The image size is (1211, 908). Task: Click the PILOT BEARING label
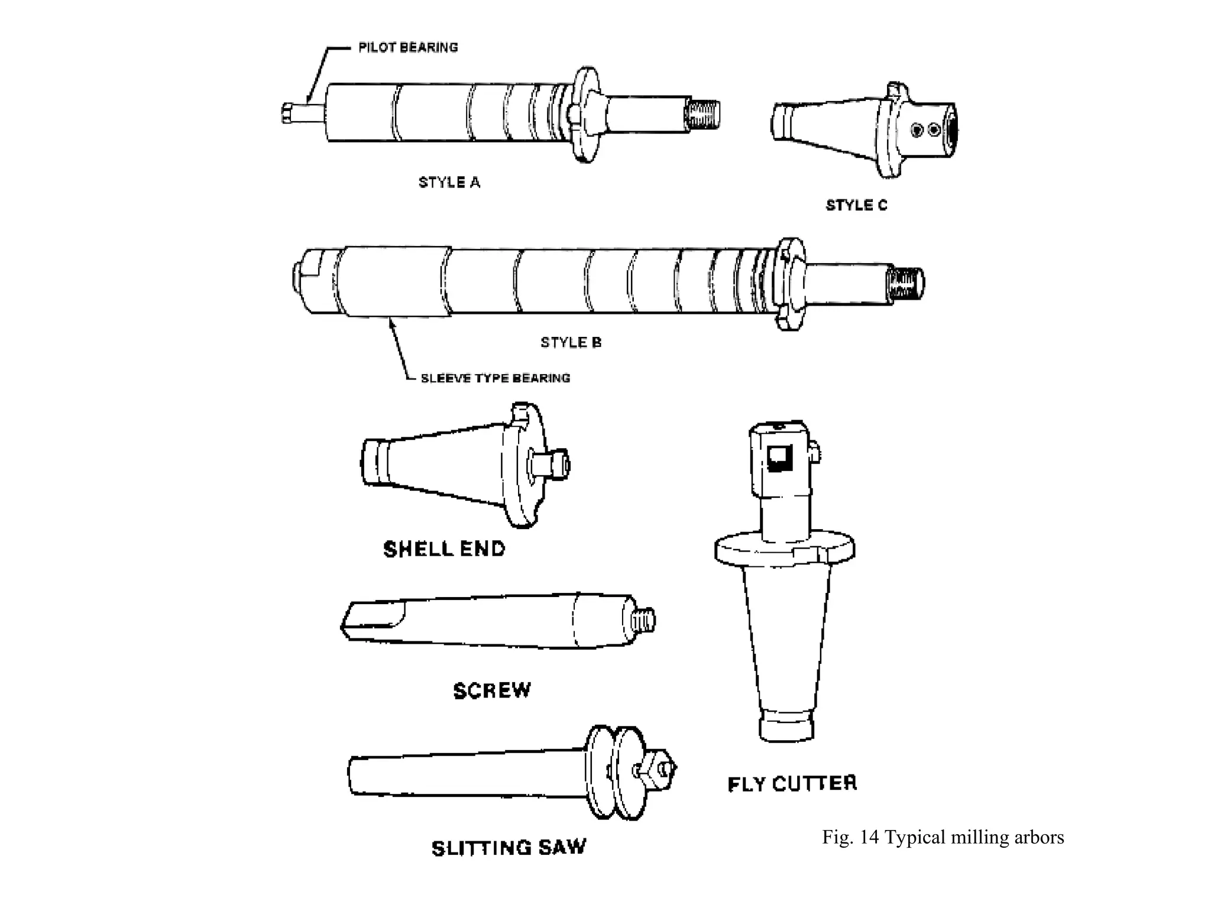coord(408,47)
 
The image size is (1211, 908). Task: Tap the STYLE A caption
coord(449,182)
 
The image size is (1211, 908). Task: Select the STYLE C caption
coord(856,205)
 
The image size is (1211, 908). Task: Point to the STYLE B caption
coord(571,342)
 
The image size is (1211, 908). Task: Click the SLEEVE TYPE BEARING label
coord(495,378)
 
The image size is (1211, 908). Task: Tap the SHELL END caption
coord(444,549)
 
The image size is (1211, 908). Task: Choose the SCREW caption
coord(492,690)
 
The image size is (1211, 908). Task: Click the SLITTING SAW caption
coord(509,848)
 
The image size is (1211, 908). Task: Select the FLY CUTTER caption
coord(792,784)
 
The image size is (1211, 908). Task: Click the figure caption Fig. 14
coord(943,837)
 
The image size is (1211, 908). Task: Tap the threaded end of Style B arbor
coord(905,283)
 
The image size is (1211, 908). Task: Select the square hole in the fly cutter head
coord(779,458)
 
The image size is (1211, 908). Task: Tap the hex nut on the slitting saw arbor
coord(659,770)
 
